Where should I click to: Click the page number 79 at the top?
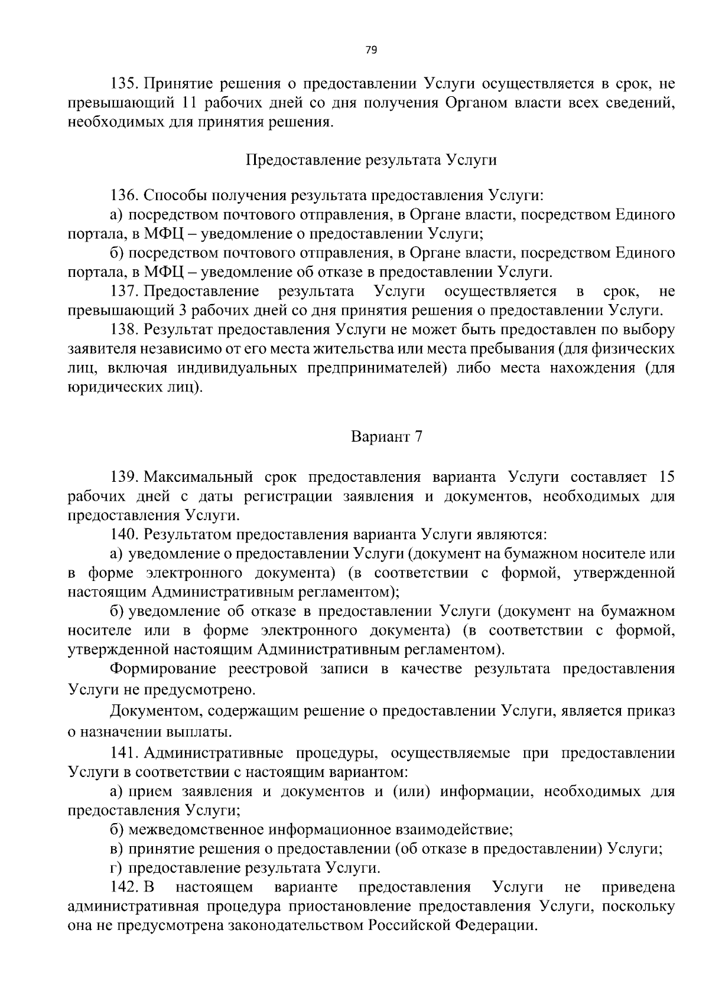(x=371, y=50)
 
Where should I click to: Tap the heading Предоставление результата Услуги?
(x=371, y=160)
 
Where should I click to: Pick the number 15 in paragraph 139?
(x=666, y=476)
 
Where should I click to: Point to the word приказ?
(x=653, y=711)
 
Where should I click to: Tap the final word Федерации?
(x=496, y=926)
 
